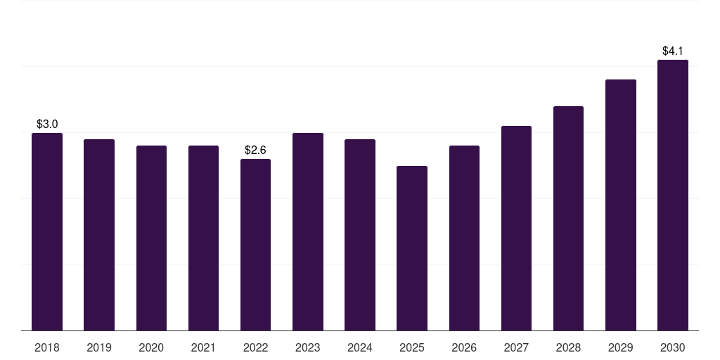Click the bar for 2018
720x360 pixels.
[47, 232]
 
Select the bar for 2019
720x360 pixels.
[99, 235]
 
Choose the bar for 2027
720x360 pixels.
[516, 229]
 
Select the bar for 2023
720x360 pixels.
[308, 232]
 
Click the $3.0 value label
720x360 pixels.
[47, 124]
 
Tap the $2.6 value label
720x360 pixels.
[255, 150]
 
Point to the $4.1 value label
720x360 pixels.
[673, 51]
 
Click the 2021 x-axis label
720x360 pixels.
[203, 348]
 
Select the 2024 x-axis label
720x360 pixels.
[360, 348]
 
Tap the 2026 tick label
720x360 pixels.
[464, 348]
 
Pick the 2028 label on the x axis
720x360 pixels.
[568, 348]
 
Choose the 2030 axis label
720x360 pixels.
[673, 348]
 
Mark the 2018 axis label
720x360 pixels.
[47, 348]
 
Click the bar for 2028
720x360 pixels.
[568, 219]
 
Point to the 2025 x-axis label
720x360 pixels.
[412, 348]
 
